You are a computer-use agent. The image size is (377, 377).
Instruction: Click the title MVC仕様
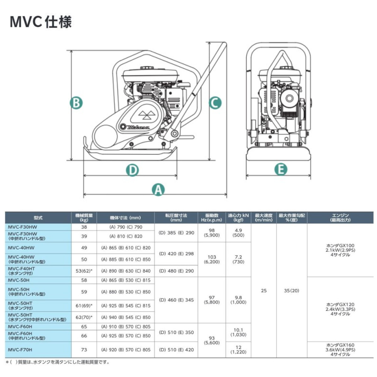coord(41,22)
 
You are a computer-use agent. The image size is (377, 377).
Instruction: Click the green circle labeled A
coord(158,189)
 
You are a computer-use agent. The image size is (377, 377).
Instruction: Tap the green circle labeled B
coord(76,103)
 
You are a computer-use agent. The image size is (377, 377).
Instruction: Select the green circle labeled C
coord(215,103)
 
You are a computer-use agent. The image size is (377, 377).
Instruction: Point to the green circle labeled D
coord(132,170)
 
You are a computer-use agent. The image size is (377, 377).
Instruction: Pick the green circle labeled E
coord(281,169)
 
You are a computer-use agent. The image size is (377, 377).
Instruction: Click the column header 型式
coord(38,218)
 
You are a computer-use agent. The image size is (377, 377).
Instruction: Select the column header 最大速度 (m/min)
coord(264,218)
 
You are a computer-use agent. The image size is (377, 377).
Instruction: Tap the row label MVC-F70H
coord(20,350)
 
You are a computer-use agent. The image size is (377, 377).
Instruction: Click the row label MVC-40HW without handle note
coord(21,248)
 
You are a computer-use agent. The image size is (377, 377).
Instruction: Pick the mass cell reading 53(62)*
coord(84,271)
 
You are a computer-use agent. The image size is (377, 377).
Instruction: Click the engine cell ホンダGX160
coord(340,350)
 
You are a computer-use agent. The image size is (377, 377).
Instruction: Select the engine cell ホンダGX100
coord(340,250)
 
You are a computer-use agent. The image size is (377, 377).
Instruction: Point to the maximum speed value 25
coord(264,291)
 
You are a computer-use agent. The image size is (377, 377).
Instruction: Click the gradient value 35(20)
coord(292,291)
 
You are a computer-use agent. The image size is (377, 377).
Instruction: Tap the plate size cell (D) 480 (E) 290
coord(176,271)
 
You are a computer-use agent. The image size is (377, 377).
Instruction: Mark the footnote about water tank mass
coord(58,362)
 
